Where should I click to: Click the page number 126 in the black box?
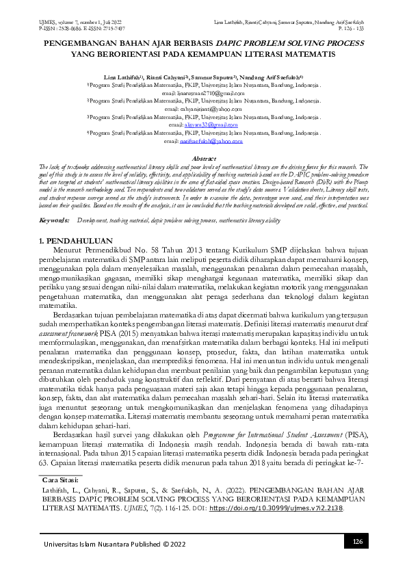356,542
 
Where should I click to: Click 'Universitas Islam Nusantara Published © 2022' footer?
115,544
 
